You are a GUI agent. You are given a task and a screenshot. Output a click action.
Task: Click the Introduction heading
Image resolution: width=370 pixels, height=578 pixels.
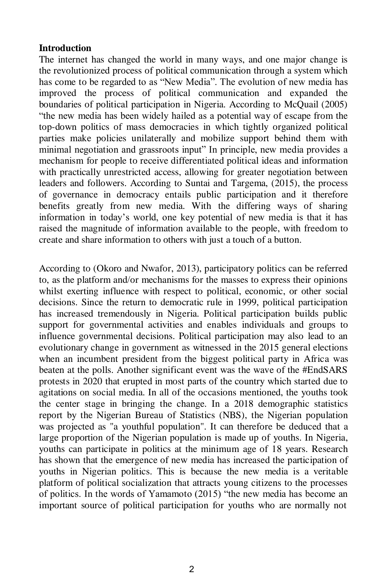[x=65, y=48]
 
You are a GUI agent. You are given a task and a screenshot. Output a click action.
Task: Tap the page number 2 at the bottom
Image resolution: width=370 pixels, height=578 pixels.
[x=192, y=569]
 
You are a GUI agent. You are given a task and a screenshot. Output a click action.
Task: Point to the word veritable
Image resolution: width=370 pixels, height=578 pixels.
[x=330, y=472]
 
